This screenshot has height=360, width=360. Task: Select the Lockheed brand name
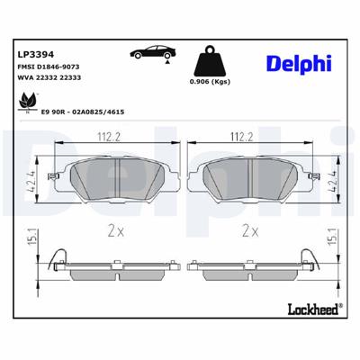(311, 335)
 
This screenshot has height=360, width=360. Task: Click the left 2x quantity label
(112, 230)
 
